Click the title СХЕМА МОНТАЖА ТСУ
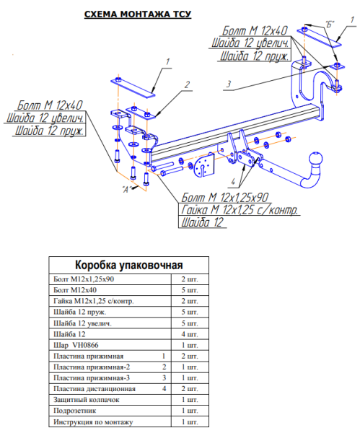[138, 14]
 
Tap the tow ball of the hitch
[315, 159]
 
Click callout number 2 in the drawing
[187, 84]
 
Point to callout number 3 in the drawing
[229, 84]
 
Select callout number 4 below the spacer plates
[233, 181]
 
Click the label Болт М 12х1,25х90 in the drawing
[224, 198]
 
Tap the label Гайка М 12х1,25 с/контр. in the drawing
[240, 210]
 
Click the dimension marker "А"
[126, 189]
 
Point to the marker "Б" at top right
[330, 25]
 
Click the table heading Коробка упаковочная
[129, 265]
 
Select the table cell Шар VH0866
[76, 345]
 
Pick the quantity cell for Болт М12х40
[190, 290]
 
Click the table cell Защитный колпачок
[87, 400]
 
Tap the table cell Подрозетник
[75, 411]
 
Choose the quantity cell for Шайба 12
[190, 334]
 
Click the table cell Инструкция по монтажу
[93, 422]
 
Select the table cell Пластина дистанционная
[95, 389]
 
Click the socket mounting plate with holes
[204, 166]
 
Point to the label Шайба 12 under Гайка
[202, 222]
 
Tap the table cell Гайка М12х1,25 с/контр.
[94, 301]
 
